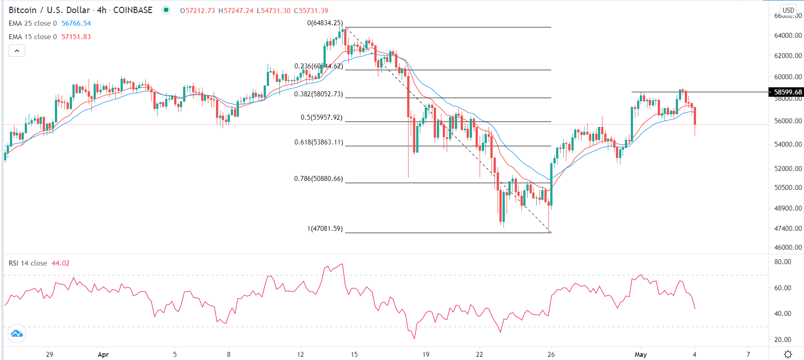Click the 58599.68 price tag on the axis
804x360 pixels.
click(x=787, y=92)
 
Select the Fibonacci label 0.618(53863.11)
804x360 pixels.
click(x=319, y=142)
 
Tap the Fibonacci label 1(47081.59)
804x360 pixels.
click(x=325, y=229)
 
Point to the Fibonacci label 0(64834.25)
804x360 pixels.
click(x=325, y=23)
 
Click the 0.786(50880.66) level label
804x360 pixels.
click(x=319, y=179)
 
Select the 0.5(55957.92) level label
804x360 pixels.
click(x=321, y=117)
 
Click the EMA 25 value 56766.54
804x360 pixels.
click(x=76, y=23)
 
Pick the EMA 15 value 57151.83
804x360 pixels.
click(x=76, y=37)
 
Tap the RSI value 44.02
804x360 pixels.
click(x=61, y=263)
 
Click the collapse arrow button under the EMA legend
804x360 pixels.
click(x=17, y=51)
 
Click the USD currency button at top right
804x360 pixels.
click(x=788, y=10)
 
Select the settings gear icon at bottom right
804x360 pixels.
click(x=788, y=354)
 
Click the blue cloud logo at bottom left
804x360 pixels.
click(x=17, y=333)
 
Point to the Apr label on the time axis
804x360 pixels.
click(x=103, y=355)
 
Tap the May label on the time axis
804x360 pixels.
click(x=641, y=355)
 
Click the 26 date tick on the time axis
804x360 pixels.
click(x=551, y=355)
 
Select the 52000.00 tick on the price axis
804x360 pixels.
click(x=788, y=168)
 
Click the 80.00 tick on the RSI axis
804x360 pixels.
click(x=782, y=262)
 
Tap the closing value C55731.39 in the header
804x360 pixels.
click(x=311, y=10)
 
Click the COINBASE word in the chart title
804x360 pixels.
click(x=133, y=10)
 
